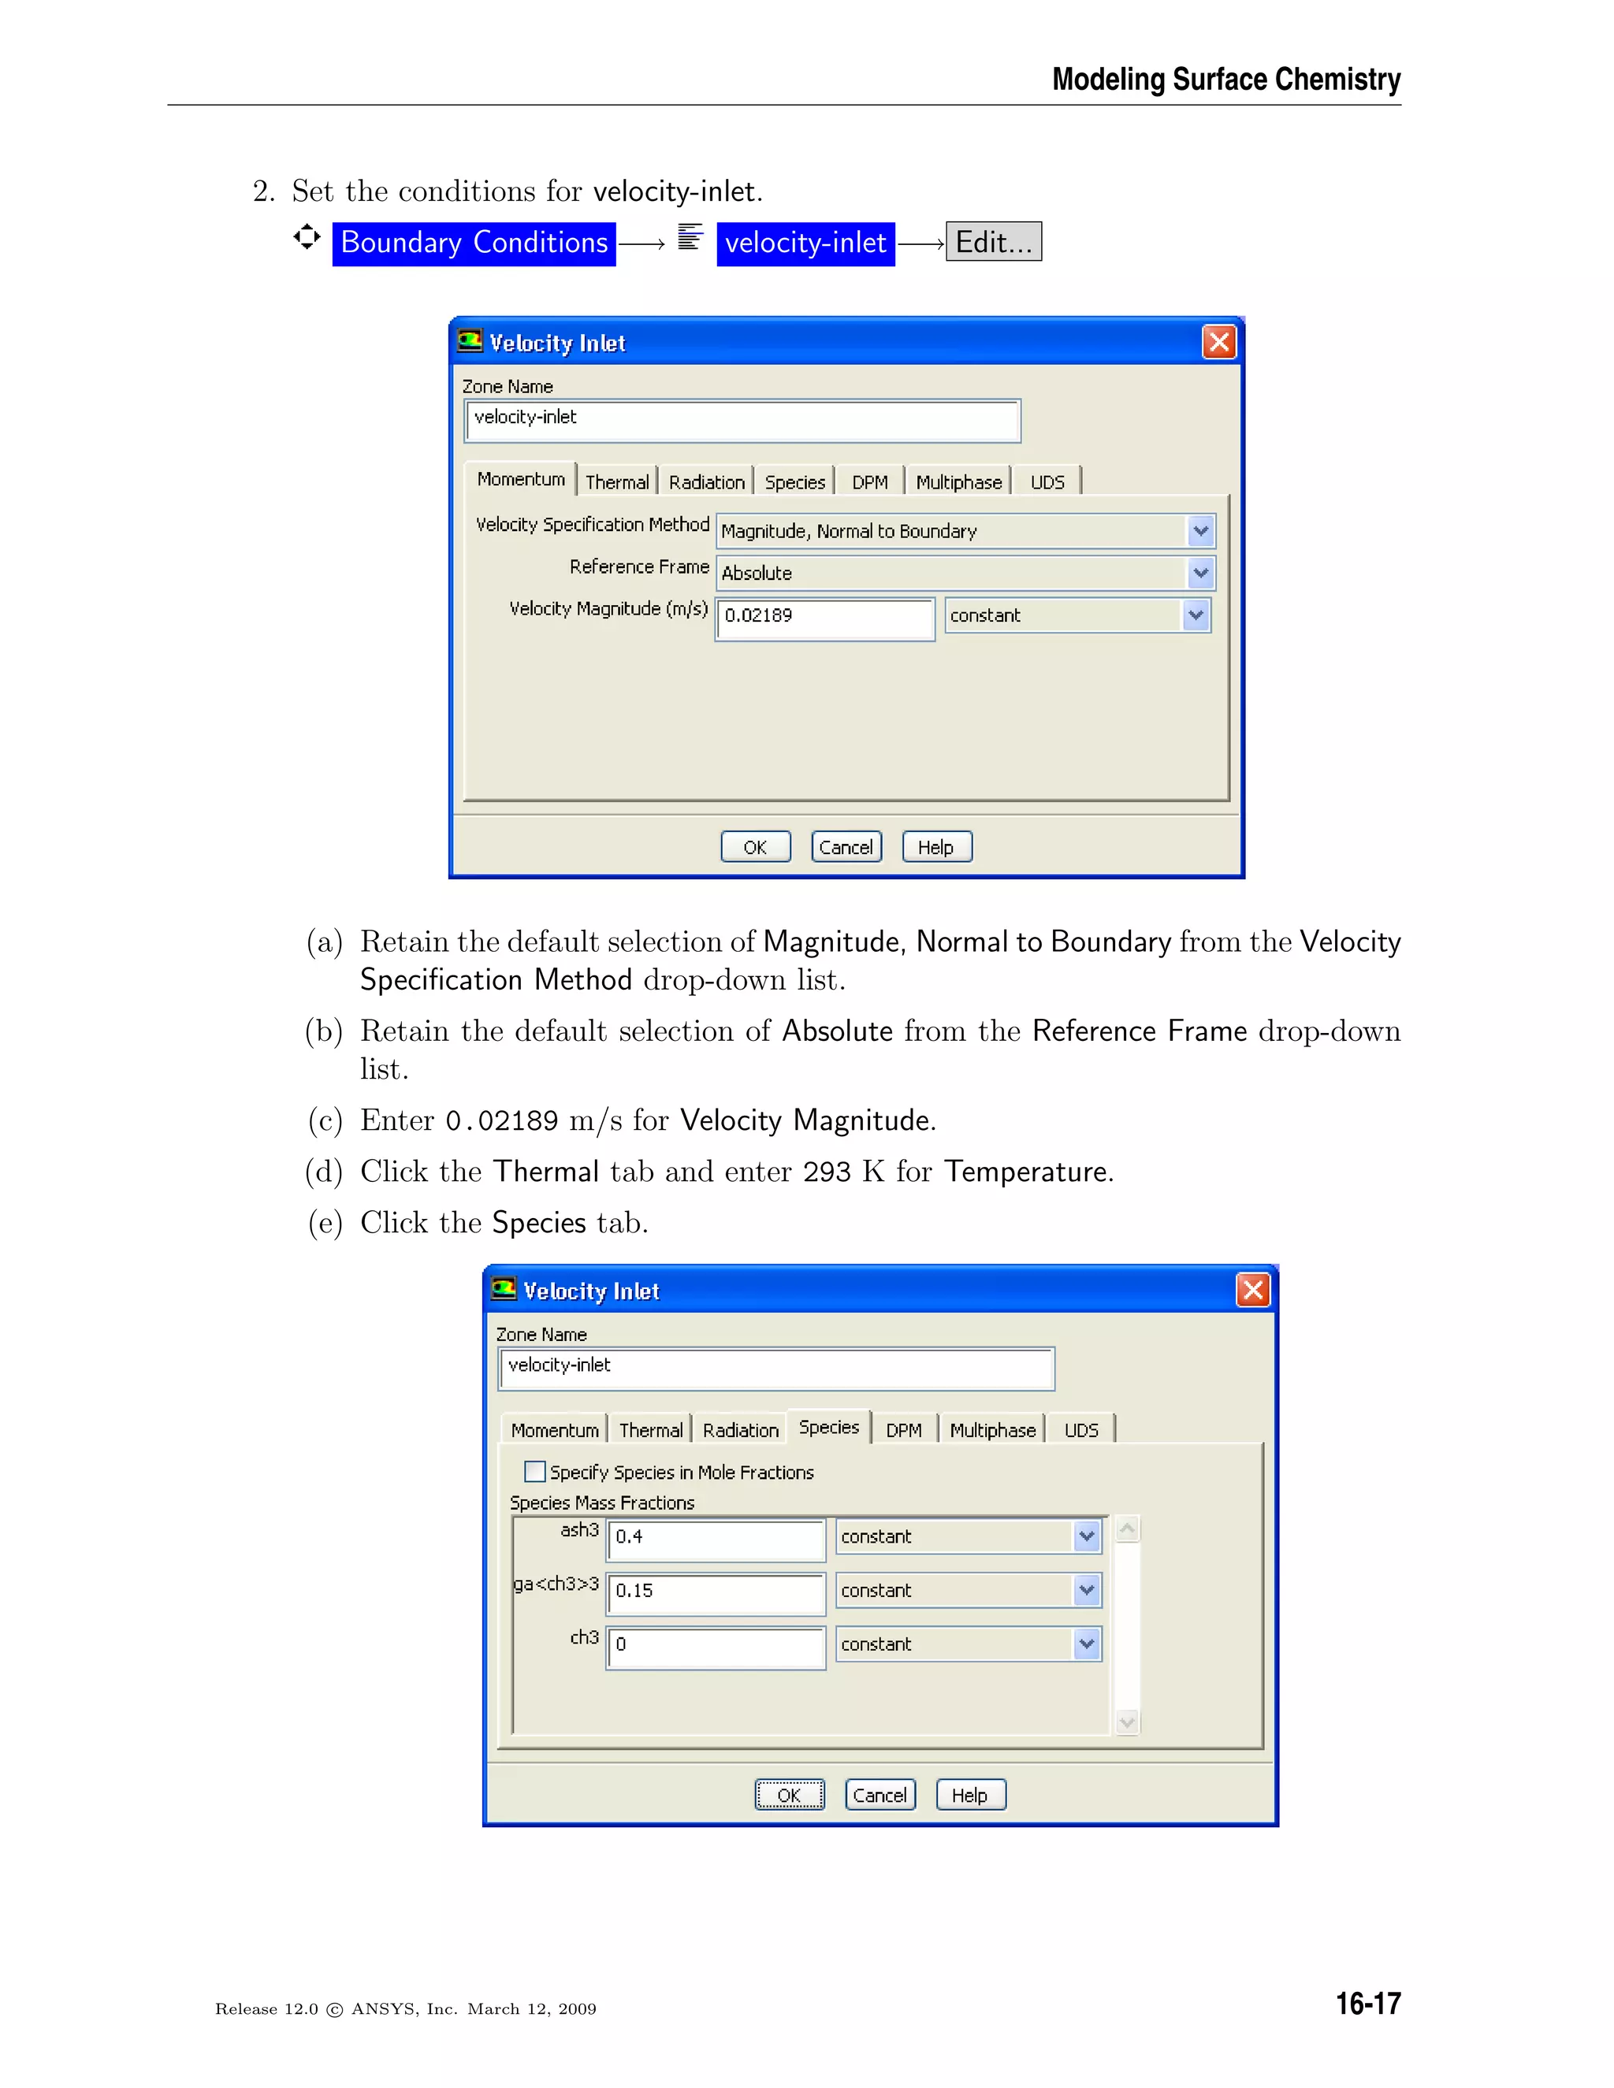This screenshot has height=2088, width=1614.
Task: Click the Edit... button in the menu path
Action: (994, 242)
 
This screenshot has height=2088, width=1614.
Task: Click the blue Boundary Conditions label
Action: (474, 243)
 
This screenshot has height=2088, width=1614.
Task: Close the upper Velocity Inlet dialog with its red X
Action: (1218, 342)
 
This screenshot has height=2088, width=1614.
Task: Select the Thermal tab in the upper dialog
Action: (617, 482)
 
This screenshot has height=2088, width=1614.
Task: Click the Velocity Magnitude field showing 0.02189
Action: (824, 617)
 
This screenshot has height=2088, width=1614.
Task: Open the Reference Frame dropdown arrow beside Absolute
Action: (1201, 573)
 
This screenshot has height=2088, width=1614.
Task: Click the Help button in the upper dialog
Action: (936, 847)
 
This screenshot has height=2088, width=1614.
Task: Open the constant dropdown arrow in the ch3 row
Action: (1087, 1644)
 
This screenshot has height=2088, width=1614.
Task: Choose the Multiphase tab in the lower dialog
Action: (992, 1430)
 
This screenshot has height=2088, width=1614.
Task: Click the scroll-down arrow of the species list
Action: (1127, 1722)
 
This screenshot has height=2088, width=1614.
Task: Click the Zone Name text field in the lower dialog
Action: (775, 1367)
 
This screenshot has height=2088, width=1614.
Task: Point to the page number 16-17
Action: (1367, 2003)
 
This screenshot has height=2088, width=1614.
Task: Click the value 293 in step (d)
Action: (826, 1172)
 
